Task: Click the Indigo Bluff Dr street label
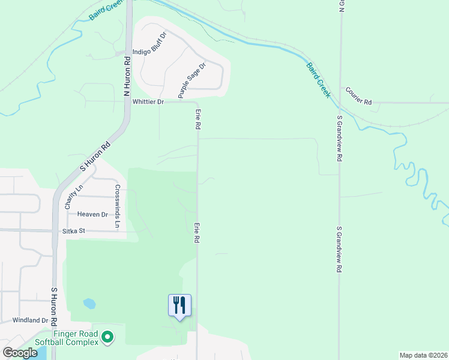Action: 148,43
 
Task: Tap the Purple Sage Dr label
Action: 191,80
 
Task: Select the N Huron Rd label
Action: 127,77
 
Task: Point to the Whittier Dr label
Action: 148,102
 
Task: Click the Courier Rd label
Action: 358,95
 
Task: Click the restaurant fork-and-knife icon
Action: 179,305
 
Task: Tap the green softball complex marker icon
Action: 108,338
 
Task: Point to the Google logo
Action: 20,353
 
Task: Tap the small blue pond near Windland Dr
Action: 89,304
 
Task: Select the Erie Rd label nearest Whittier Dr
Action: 197,120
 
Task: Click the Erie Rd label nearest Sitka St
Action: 197,232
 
